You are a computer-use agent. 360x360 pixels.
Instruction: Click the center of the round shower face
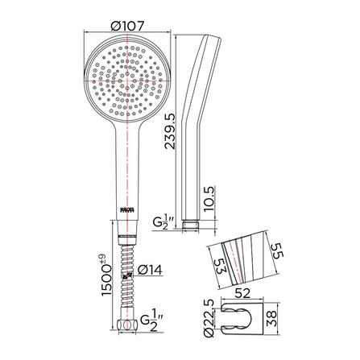128,81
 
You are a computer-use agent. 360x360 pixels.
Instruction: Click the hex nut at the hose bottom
128,326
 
